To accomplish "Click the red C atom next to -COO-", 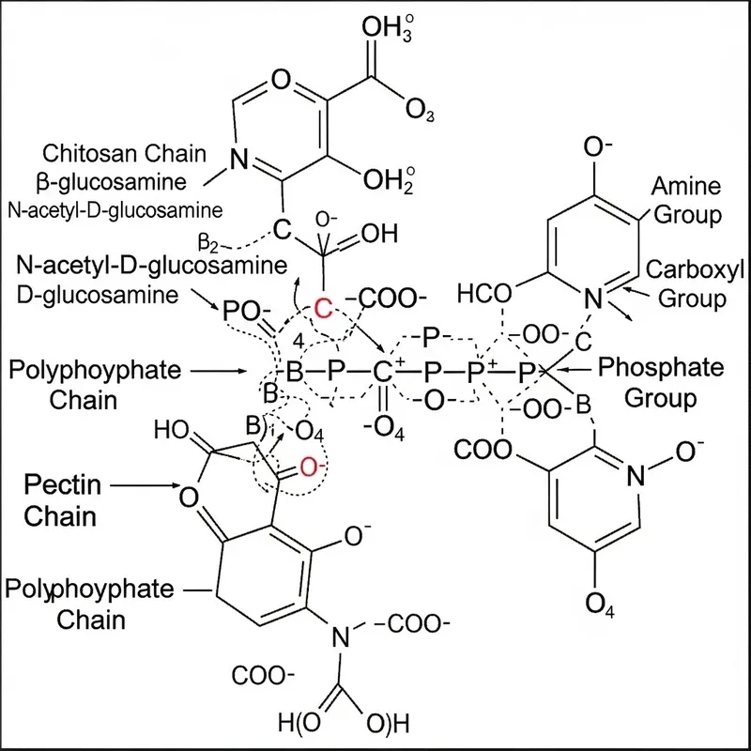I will [x=323, y=307].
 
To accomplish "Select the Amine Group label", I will [x=687, y=199].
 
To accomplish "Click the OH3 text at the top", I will [x=391, y=30].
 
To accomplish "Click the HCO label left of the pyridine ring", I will [x=484, y=295].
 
